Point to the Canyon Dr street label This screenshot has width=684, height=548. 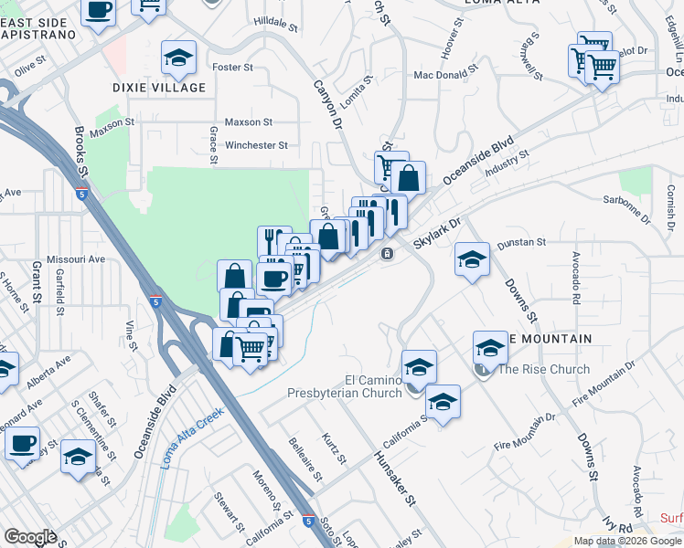click(327, 102)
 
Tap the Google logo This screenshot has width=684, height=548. click(30, 537)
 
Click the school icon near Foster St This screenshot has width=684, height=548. click(177, 58)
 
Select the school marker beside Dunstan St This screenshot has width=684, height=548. click(472, 260)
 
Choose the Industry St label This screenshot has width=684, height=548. click(509, 165)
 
